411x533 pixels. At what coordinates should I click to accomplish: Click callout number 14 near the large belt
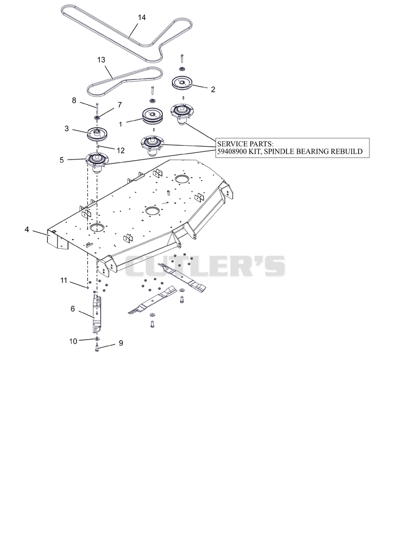tap(142, 17)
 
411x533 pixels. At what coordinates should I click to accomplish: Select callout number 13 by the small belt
tap(101, 60)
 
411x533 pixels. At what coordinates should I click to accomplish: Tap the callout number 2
tap(213, 89)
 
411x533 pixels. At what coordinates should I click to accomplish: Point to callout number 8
tap(74, 101)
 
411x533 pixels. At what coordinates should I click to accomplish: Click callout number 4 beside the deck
tap(27, 229)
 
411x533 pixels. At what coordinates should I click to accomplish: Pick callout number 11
tap(64, 281)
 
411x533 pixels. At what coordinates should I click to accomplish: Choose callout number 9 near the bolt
tap(121, 343)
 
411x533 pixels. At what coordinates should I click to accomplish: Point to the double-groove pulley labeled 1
tap(153, 116)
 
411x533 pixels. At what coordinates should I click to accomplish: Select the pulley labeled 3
tap(97, 134)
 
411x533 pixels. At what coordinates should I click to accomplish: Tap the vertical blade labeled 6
tap(97, 314)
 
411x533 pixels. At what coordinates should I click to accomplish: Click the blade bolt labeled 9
tap(97, 348)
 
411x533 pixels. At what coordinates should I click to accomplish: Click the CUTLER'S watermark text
tap(205, 266)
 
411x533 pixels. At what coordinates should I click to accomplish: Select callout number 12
tap(121, 151)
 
